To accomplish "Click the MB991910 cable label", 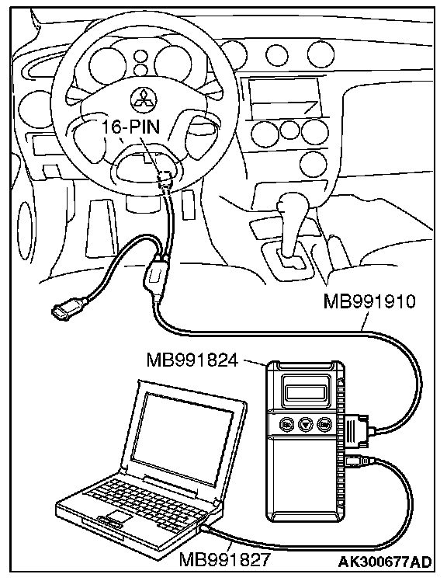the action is [369, 301].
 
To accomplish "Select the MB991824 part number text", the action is [192, 360].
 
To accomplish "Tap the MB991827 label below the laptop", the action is [224, 559].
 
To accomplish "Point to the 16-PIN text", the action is [130, 127].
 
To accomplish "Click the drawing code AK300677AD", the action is [385, 562].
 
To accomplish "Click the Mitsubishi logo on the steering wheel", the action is [144, 99].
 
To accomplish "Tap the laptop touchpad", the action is [120, 517].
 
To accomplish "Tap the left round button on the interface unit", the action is [286, 423].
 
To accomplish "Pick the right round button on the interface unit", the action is [325, 423].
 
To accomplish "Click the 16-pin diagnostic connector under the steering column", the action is [165, 178].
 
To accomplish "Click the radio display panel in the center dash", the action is [285, 97].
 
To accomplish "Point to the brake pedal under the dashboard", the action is [101, 227].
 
